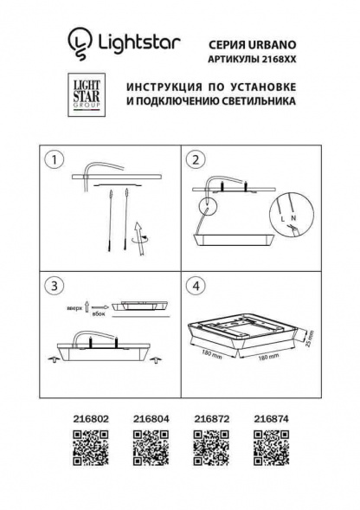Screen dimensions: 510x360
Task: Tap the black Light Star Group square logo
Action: point(85,93)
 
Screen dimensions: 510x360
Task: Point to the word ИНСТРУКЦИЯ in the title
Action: point(167,87)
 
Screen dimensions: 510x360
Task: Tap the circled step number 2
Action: point(195,160)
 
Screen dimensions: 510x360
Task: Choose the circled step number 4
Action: point(195,285)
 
